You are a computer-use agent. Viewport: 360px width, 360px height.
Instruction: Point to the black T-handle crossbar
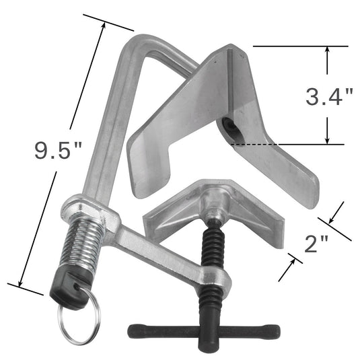(203, 331)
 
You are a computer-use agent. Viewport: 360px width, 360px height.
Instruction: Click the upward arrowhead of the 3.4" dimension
(327, 51)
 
